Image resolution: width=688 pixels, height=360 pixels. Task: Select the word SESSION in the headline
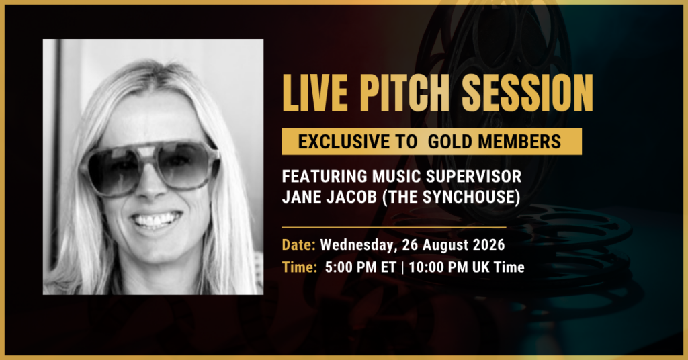[527, 93]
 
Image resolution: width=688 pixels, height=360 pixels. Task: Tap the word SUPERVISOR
[474, 176]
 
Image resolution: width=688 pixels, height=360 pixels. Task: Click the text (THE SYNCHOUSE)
[451, 197]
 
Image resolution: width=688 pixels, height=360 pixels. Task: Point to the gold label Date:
[298, 244]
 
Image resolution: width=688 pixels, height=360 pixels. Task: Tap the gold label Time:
[299, 267]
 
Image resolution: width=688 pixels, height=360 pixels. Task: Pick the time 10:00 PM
[438, 267]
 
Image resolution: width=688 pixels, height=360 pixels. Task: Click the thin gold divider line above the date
[394, 228]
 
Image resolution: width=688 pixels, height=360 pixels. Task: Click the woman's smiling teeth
[157, 220]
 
